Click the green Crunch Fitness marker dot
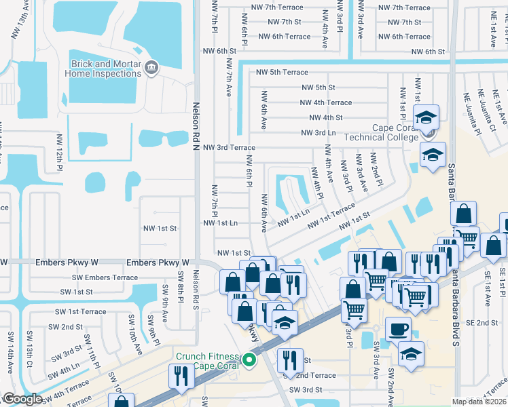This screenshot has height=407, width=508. pos(249,361)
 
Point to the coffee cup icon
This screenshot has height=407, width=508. pos(399,330)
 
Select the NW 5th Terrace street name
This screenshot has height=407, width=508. pos(282,72)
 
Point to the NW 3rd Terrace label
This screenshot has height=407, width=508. pos(229,147)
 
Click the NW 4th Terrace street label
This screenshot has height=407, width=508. pos(326,102)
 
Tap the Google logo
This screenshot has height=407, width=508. pos(22,399)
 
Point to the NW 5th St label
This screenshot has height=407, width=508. pos(319,87)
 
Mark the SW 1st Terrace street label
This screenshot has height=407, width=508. pos(84,311)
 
